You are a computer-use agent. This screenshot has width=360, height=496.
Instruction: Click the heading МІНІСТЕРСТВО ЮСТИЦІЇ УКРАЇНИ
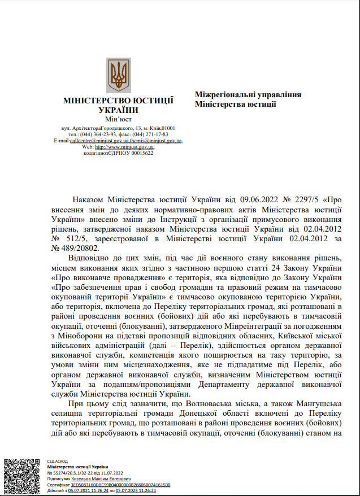point(118,105)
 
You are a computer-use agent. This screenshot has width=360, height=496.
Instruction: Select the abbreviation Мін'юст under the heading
point(118,119)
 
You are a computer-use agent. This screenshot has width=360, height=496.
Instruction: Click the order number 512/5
point(64,239)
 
